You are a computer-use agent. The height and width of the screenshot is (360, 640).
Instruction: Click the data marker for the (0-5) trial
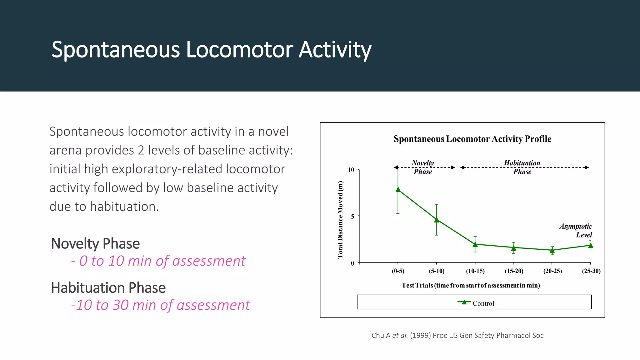(398, 190)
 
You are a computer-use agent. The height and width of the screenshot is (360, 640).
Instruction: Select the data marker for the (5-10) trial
(437, 220)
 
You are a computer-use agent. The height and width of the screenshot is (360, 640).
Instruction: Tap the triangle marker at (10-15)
(475, 244)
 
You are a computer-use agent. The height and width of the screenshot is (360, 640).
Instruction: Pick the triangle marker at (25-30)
(590, 246)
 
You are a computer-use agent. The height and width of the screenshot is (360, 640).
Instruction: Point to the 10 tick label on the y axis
(351, 170)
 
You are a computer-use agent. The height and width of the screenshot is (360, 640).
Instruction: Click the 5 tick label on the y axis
(352, 216)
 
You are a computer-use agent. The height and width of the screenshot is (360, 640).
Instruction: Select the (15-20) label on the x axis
(514, 271)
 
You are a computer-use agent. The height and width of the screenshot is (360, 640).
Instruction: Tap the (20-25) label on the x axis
(552, 271)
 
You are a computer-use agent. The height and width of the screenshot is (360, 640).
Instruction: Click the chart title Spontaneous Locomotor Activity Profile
(472, 139)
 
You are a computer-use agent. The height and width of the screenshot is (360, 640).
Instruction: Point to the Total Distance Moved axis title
(340, 220)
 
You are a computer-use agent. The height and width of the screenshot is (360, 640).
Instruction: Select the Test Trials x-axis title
(471, 285)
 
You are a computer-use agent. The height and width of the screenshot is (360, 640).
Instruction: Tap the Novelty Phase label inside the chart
(423, 167)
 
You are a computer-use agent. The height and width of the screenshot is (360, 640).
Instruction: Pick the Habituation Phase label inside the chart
(522, 167)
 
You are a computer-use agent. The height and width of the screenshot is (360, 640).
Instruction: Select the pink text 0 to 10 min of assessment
(158, 261)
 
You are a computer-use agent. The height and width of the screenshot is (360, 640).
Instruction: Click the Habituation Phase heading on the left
(108, 288)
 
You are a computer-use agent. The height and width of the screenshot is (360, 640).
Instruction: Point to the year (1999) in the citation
(420, 336)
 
